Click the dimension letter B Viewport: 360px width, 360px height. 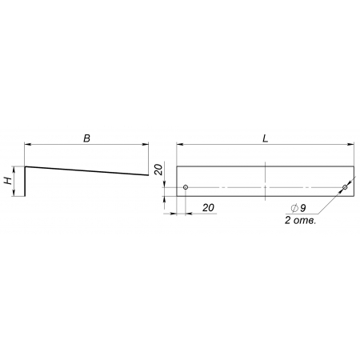(87, 138)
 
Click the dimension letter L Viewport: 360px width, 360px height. (265, 138)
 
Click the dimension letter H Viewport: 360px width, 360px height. (8, 181)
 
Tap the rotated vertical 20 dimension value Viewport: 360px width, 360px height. (158, 170)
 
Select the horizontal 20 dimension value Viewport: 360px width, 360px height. (208, 207)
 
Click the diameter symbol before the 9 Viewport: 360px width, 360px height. (294, 208)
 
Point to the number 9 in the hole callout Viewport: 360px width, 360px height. (302, 208)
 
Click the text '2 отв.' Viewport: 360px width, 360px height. (300, 221)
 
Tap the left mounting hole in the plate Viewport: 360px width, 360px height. (186, 187)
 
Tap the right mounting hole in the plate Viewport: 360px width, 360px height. (345, 187)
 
